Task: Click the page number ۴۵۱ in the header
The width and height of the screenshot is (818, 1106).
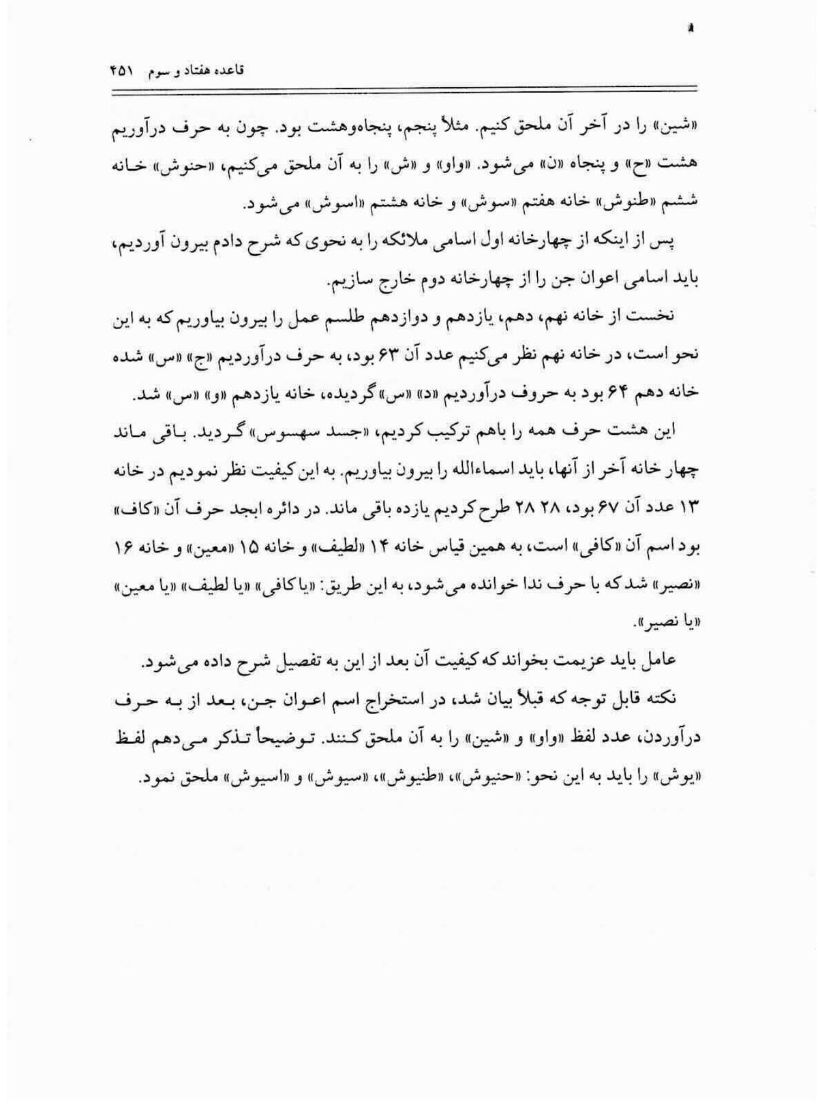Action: click(x=121, y=70)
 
